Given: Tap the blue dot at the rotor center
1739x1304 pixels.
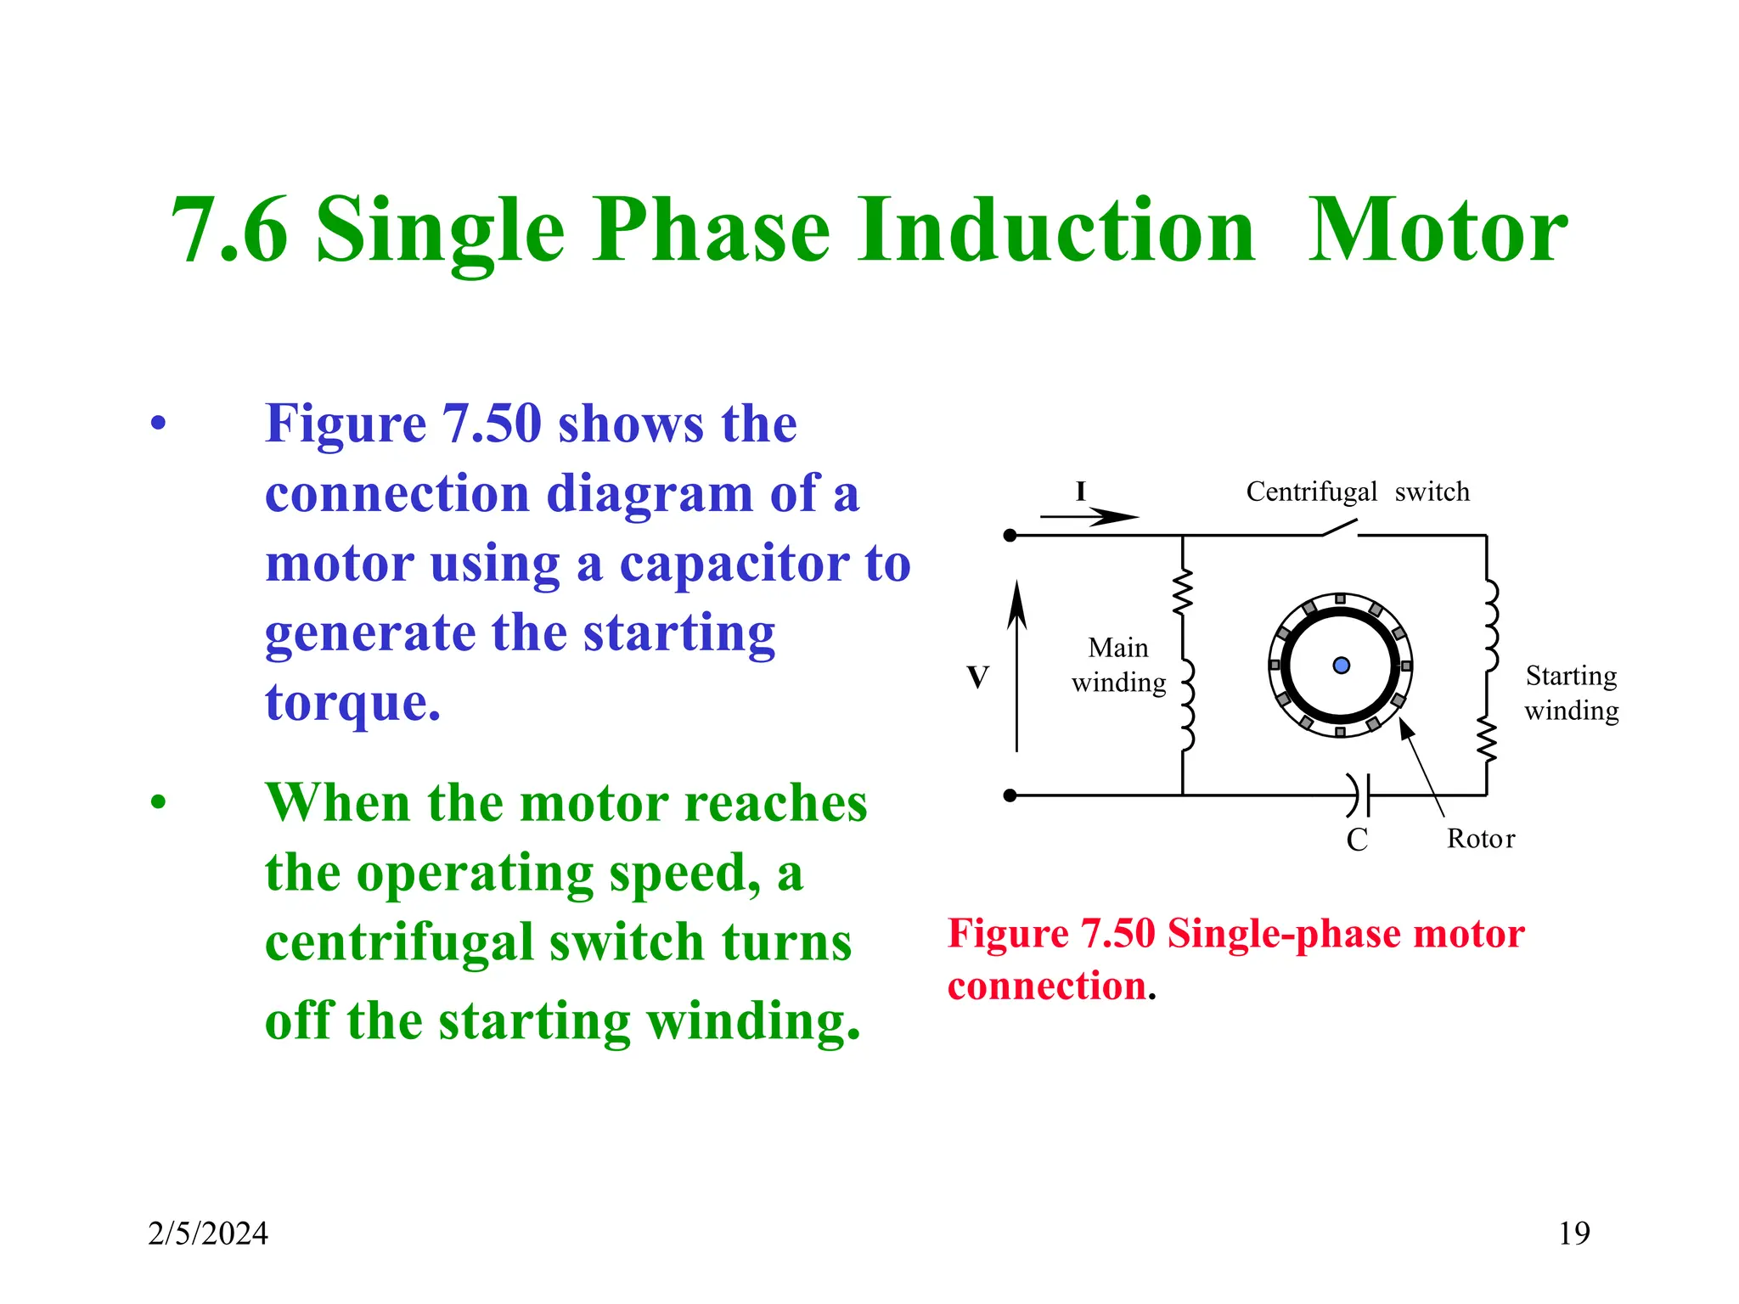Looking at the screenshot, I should (1341, 666).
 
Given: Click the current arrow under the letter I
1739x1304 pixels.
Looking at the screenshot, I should (1089, 516).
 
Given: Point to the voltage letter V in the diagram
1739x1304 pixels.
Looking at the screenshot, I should (977, 677).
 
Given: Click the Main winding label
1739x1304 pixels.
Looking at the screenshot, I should (1118, 665).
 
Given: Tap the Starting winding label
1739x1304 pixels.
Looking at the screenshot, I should (1571, 693).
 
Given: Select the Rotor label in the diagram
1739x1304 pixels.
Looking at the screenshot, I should (1480, 839).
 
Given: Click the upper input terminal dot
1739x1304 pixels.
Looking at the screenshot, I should (1010, 536).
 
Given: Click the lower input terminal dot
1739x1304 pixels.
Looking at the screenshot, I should (1010, 795).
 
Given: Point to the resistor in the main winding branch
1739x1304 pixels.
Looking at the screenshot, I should (1183, 593).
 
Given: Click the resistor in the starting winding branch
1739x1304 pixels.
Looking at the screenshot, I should (1486, 739).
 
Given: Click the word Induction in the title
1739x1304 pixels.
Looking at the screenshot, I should (1055, 231).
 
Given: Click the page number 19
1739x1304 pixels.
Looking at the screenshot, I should (1573, 1233).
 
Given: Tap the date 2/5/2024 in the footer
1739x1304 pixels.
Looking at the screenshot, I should (208, 1234).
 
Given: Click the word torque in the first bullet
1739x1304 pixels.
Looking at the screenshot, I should (352, 703).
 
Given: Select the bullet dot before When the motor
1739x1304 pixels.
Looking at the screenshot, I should (159, 802).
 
